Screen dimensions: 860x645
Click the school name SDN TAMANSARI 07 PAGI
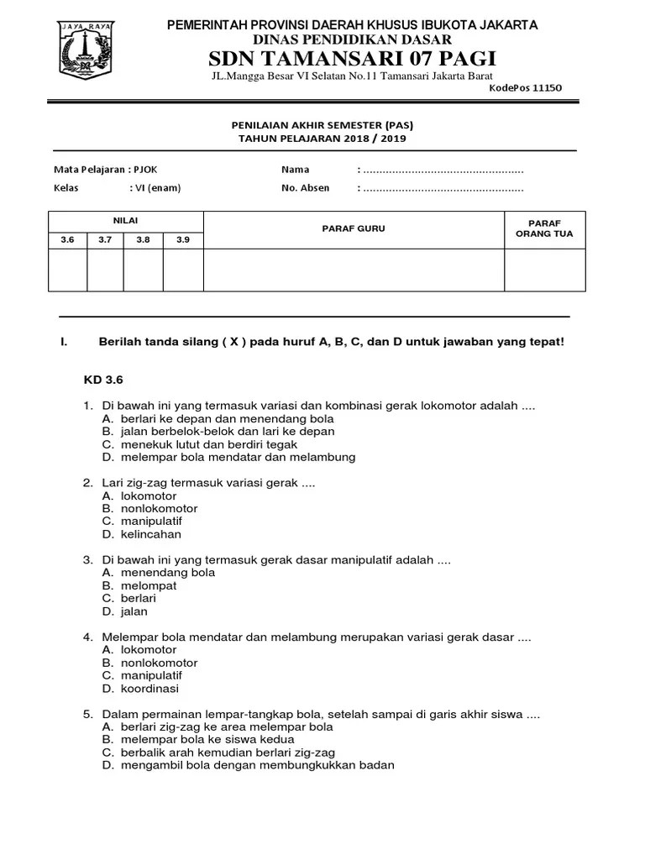352,59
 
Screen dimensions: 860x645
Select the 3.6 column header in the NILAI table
68,240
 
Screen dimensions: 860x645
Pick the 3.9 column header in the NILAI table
183,240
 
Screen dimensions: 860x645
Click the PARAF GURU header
354,228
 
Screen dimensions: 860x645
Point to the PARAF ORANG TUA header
544,228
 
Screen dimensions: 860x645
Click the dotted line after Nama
443,170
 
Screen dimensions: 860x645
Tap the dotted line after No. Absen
443,188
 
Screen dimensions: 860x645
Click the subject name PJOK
144,170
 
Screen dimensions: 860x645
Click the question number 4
87,637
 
